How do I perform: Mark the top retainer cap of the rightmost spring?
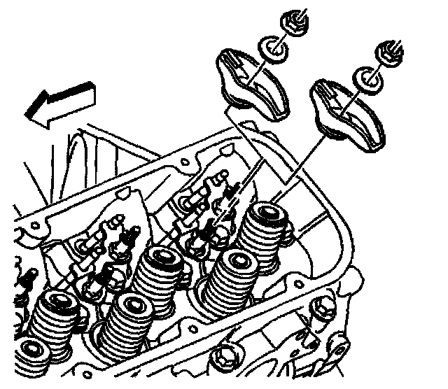point(267,211)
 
